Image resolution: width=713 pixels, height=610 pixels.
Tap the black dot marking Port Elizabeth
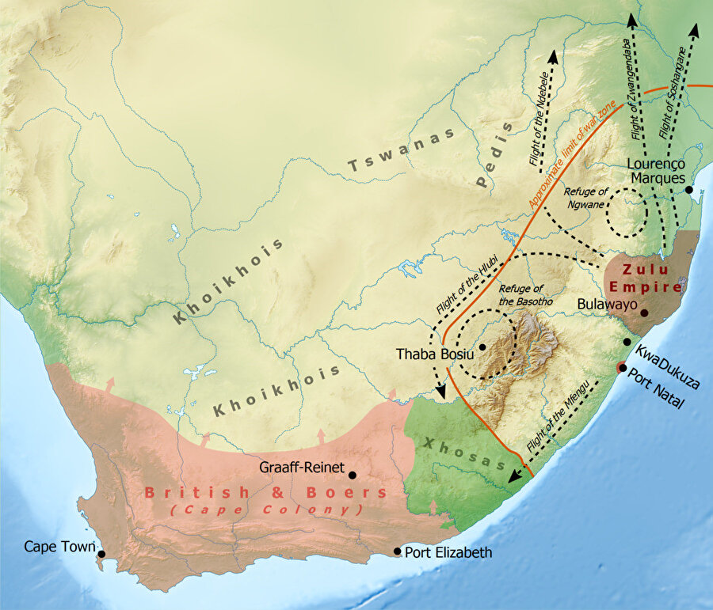398,552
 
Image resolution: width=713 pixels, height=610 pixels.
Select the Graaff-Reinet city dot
353,475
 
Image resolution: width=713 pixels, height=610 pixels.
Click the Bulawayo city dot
644,313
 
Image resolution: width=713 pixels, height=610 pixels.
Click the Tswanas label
402,150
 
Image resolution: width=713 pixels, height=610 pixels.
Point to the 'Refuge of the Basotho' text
520,294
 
